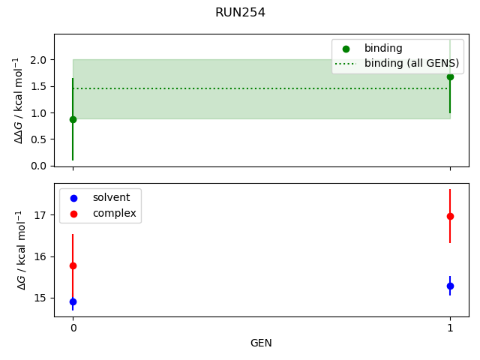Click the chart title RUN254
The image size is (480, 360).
(240, 13)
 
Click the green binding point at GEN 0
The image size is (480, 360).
(73, 119)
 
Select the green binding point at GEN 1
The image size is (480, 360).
(450, 76)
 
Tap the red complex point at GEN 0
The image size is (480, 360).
(73, 265)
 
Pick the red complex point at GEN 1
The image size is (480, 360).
(450, 216)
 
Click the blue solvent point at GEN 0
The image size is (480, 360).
(73, 301)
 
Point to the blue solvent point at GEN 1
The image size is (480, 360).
(450, 286)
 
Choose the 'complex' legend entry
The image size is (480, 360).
(114, 214)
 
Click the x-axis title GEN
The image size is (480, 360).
(261, 343)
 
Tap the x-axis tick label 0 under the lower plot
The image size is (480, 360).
(73, 328)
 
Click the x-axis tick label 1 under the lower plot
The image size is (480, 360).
(450, 328)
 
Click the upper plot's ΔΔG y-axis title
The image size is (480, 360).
(20, 100)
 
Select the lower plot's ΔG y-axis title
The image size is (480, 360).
(20, 250)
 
